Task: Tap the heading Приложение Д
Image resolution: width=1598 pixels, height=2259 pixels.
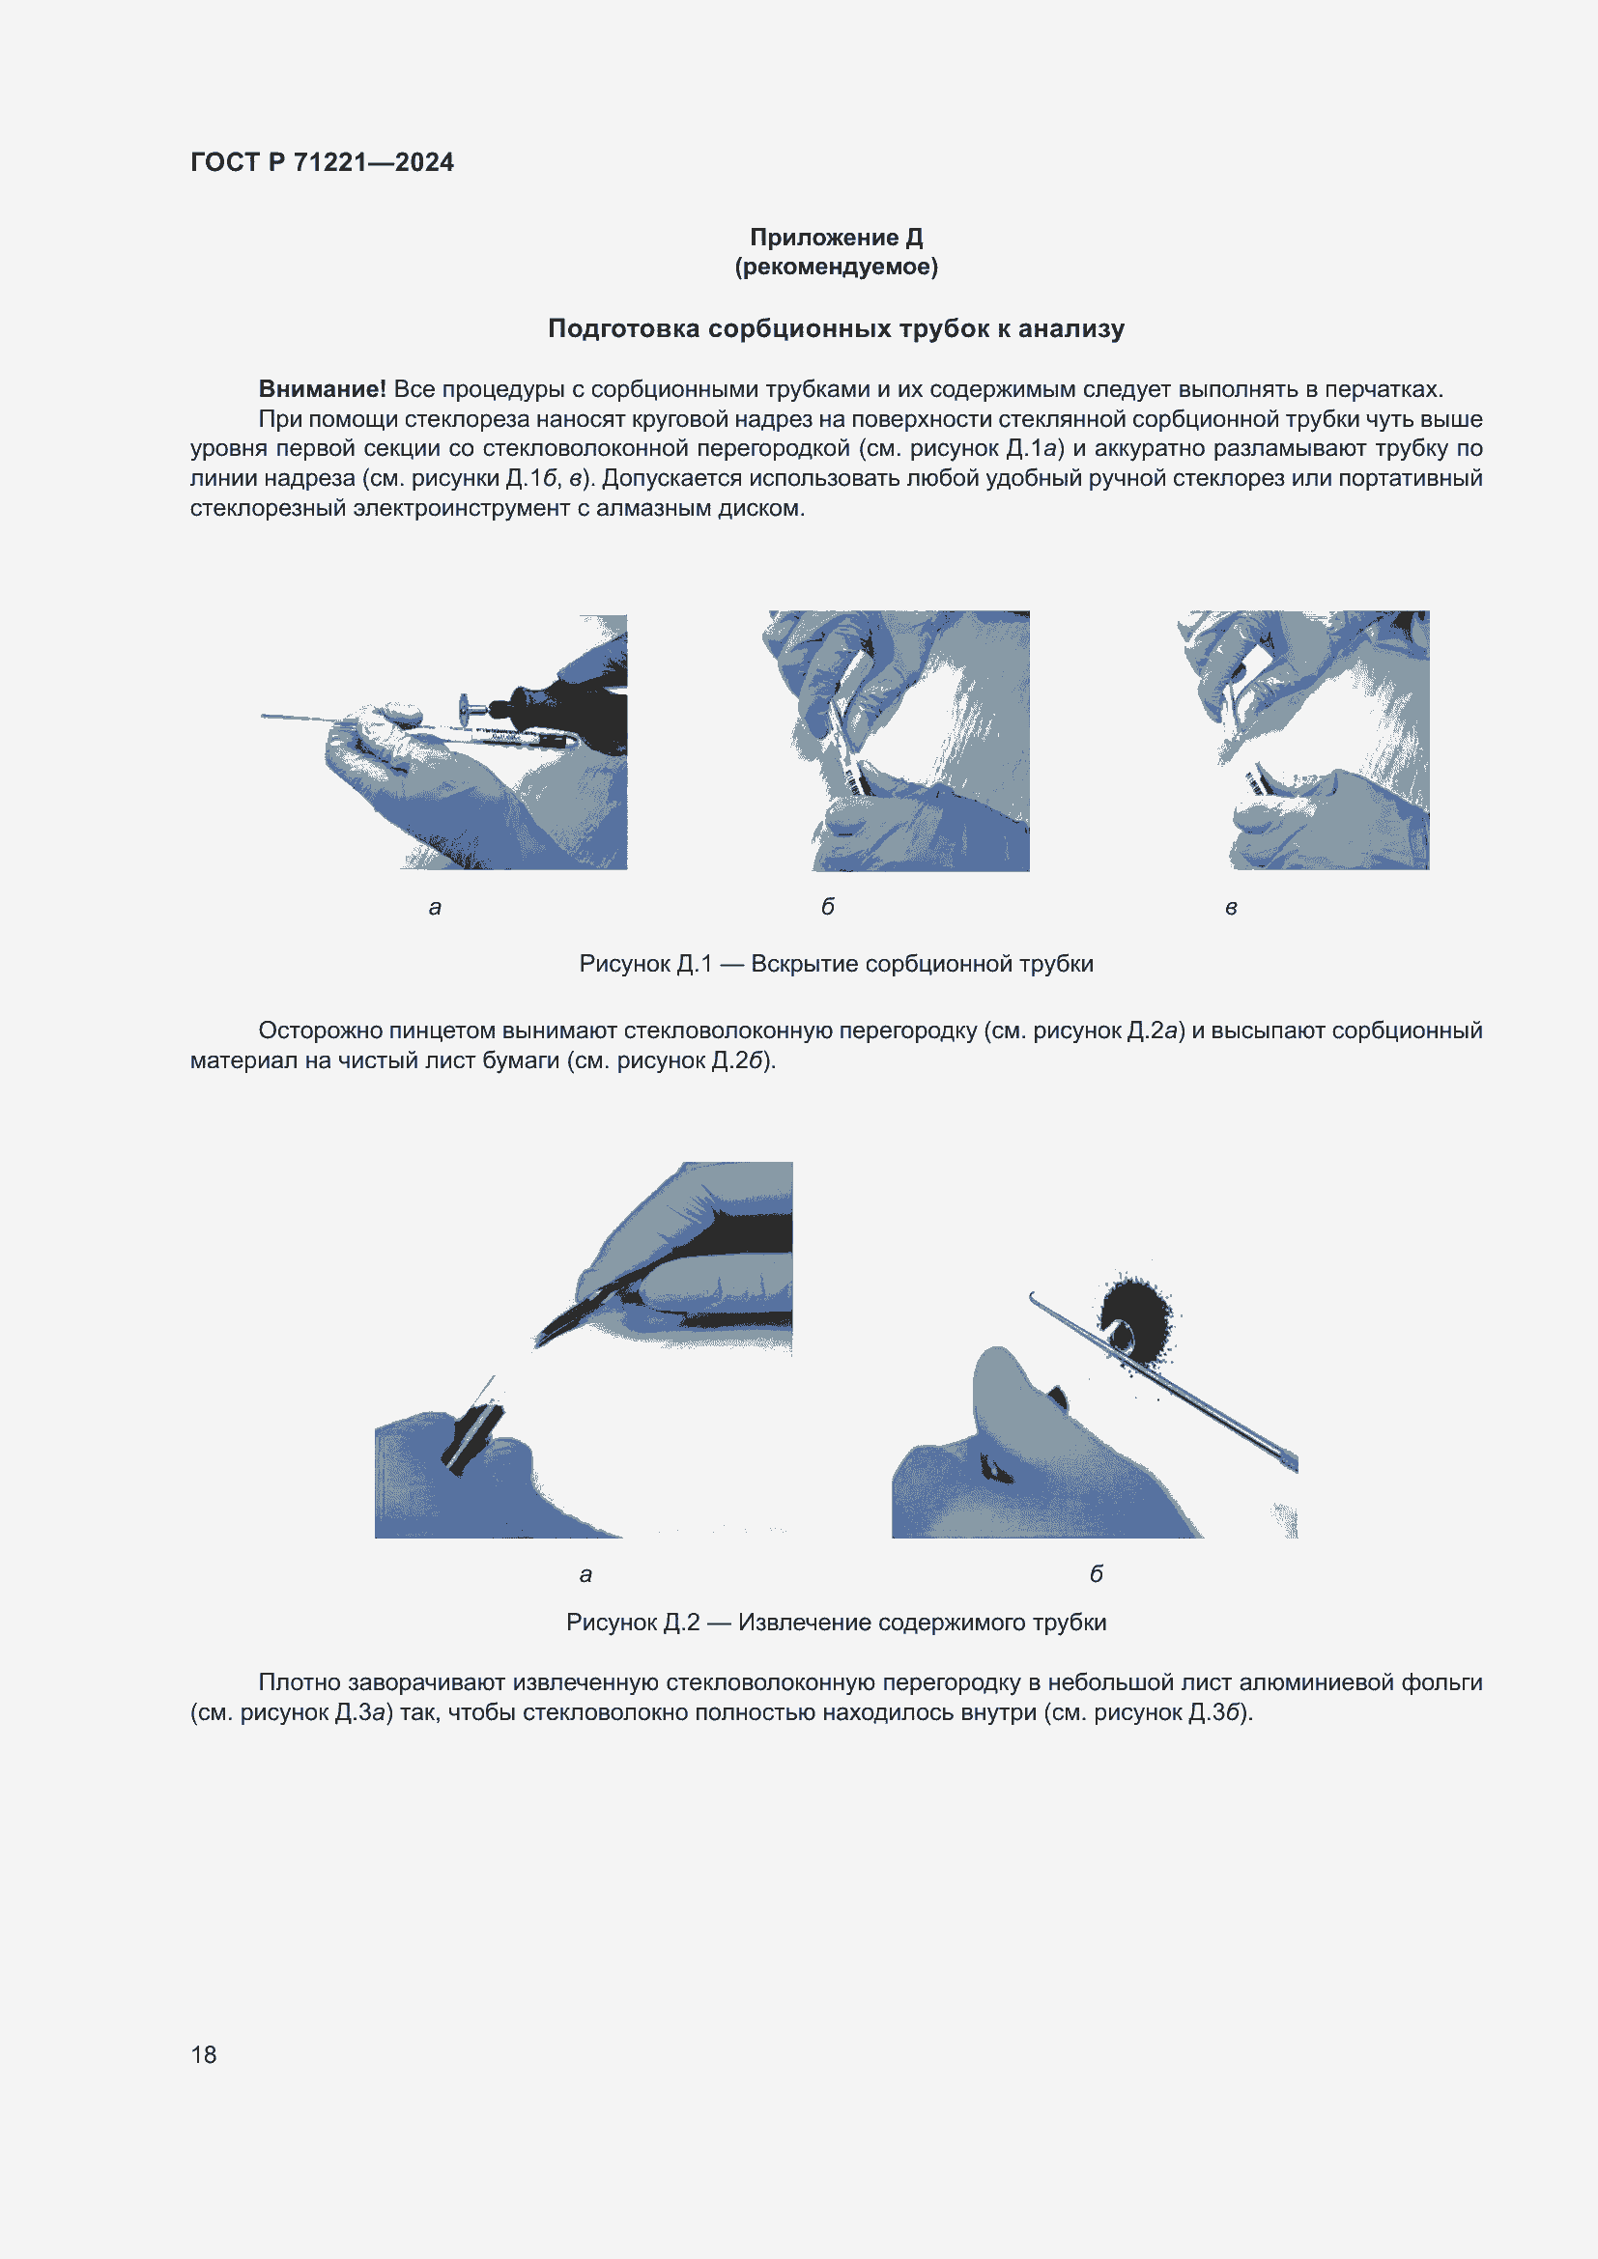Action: [836, 238]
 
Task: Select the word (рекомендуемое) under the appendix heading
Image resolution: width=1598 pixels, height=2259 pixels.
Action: [836, 267]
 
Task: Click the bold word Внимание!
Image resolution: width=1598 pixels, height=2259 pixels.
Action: [322, 388]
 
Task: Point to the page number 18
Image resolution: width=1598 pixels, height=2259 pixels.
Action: [204, 2054]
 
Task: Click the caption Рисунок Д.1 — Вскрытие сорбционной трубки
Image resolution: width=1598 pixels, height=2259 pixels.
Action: [836, 963]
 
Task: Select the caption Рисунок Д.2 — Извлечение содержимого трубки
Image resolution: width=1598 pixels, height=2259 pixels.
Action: [836, 1622]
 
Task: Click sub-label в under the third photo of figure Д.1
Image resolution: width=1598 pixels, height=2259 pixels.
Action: [1230, 907]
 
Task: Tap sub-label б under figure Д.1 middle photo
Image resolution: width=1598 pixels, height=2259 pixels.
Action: [828, 907]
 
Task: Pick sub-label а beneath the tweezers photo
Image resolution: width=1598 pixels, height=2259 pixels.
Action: [585, 1574]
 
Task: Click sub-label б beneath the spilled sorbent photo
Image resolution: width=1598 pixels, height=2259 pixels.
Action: [1096, 1574]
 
